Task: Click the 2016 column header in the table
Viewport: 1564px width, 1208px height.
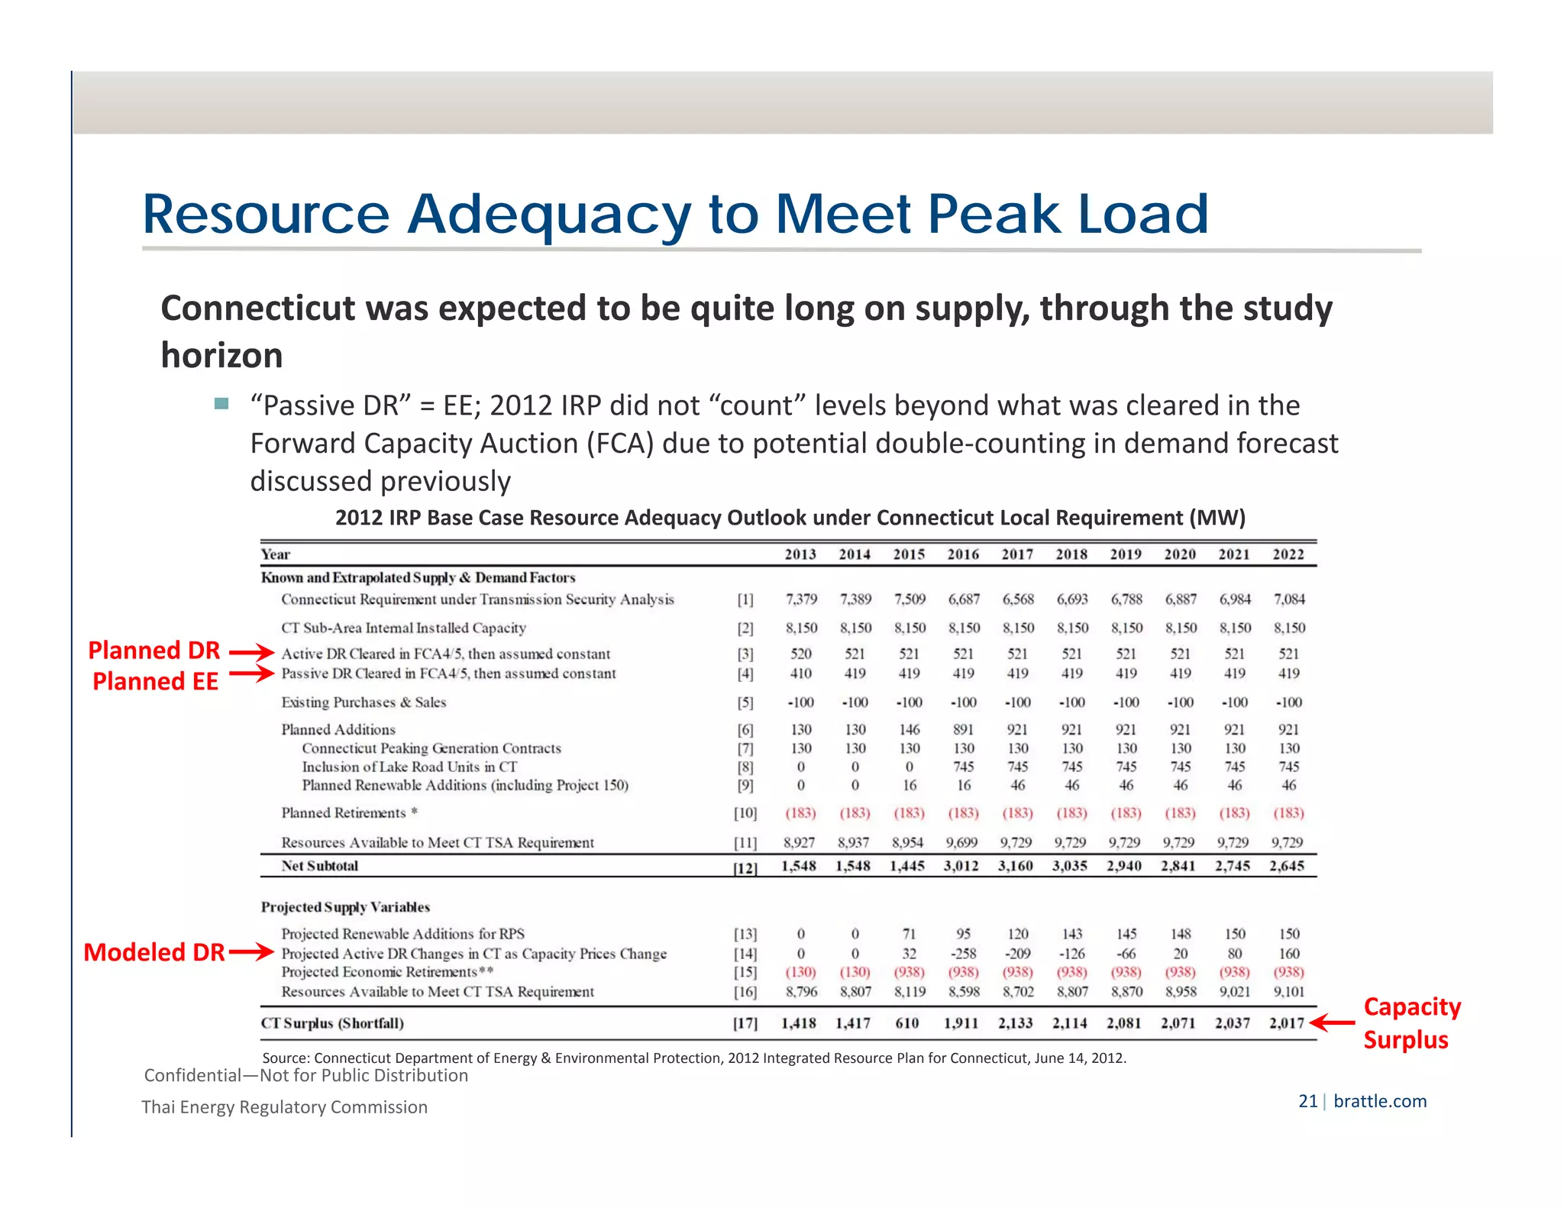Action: point(963,554)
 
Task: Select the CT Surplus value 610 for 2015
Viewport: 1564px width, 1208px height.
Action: point(907,1023)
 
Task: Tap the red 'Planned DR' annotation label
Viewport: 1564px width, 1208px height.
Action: point(154,651)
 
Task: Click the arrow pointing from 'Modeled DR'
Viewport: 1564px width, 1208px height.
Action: point(250,952)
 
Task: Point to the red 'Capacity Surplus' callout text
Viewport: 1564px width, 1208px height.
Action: point(1411,1023)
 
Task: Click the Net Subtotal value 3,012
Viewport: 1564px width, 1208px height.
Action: point(961,866)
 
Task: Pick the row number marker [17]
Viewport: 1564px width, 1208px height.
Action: point(745,1023)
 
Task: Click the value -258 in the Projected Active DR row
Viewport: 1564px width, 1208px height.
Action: point(963,954)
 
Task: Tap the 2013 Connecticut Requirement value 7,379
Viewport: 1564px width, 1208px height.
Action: point(801,599)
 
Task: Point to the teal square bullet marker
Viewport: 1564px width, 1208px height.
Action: point(221,404)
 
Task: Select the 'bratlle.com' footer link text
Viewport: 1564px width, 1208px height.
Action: point(1380,1101)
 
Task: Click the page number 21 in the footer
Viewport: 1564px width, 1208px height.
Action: point(1307,1101)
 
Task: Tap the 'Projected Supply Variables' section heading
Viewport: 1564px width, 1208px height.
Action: point(345,907)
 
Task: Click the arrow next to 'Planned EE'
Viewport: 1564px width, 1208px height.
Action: point(251,673)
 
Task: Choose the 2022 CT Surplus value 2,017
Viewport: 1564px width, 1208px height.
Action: point(1287,1023)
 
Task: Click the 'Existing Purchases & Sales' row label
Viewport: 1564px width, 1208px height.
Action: point(364,703)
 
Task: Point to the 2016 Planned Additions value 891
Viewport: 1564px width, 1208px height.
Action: point(963,730)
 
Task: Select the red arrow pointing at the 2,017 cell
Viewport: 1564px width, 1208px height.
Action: point(1332,1022)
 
